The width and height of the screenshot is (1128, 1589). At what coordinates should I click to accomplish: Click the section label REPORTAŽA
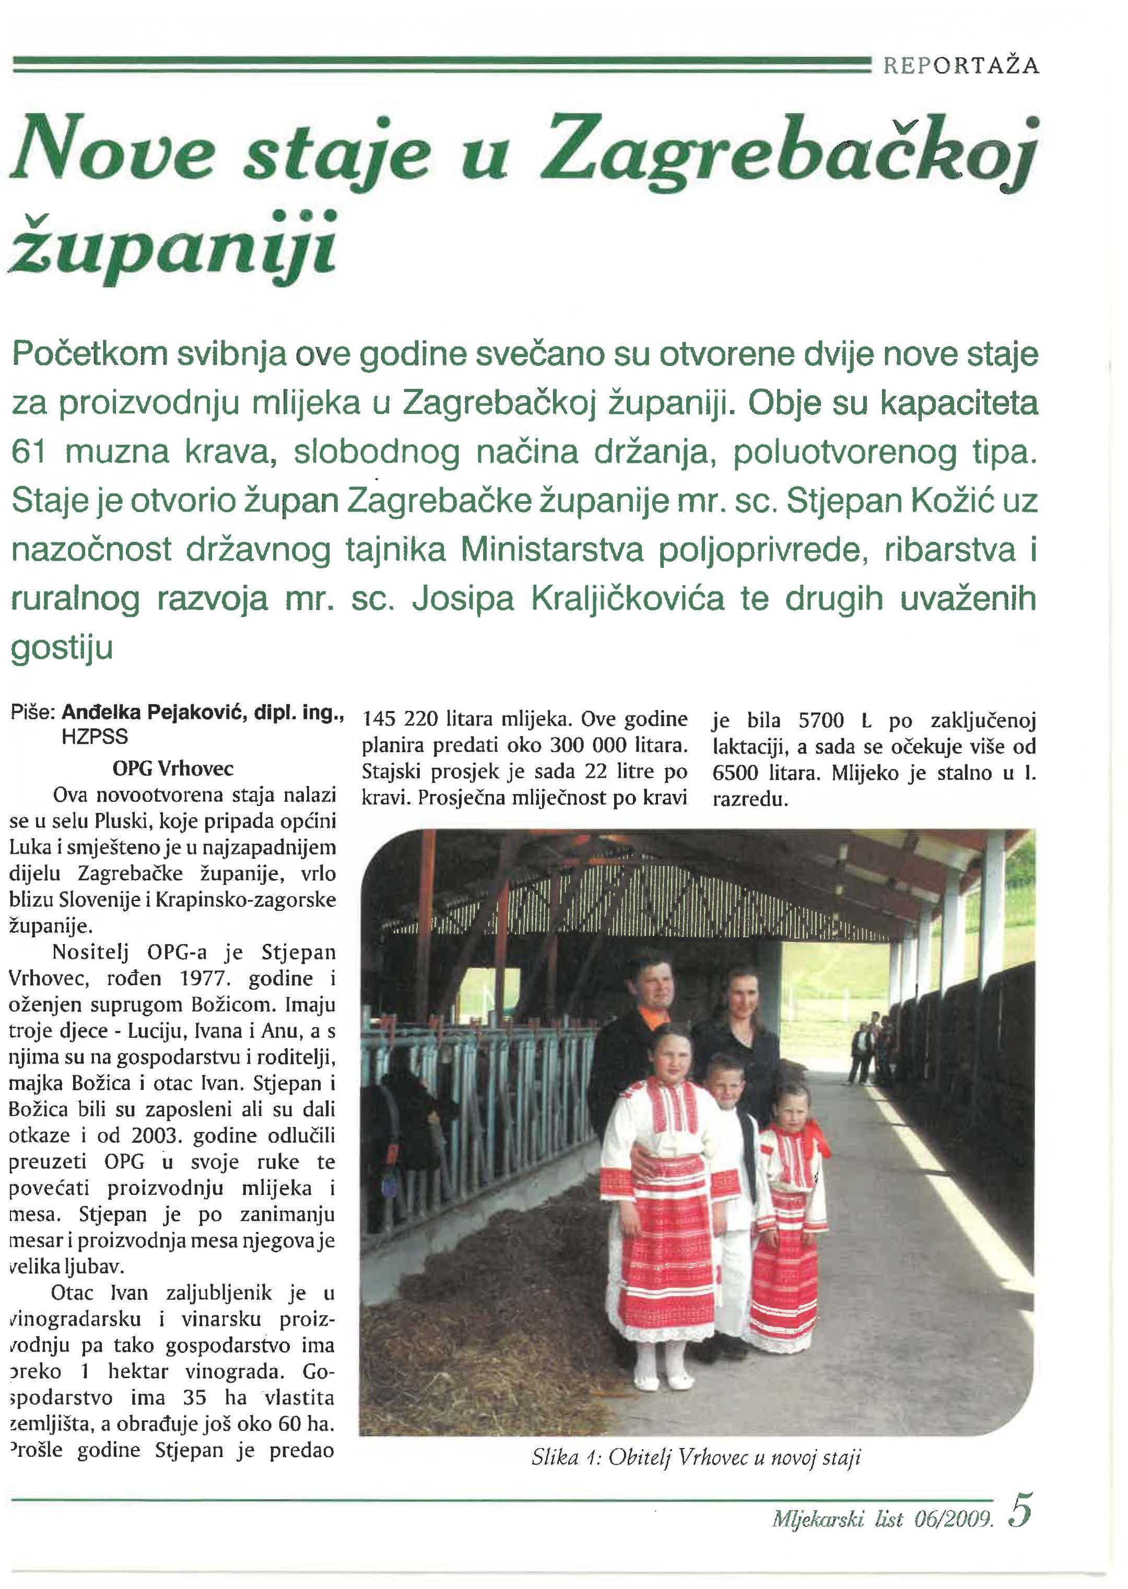(x=960, y=66)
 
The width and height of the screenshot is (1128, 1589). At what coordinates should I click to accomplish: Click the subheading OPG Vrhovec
(x=173, y=768)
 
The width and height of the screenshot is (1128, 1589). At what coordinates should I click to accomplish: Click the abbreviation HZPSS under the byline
(x=95, y=737)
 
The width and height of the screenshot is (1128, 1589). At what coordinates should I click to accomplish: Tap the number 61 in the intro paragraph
(x=29, y=453)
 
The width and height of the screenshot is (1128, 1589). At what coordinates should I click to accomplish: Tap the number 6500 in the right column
(x=737, y=773)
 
